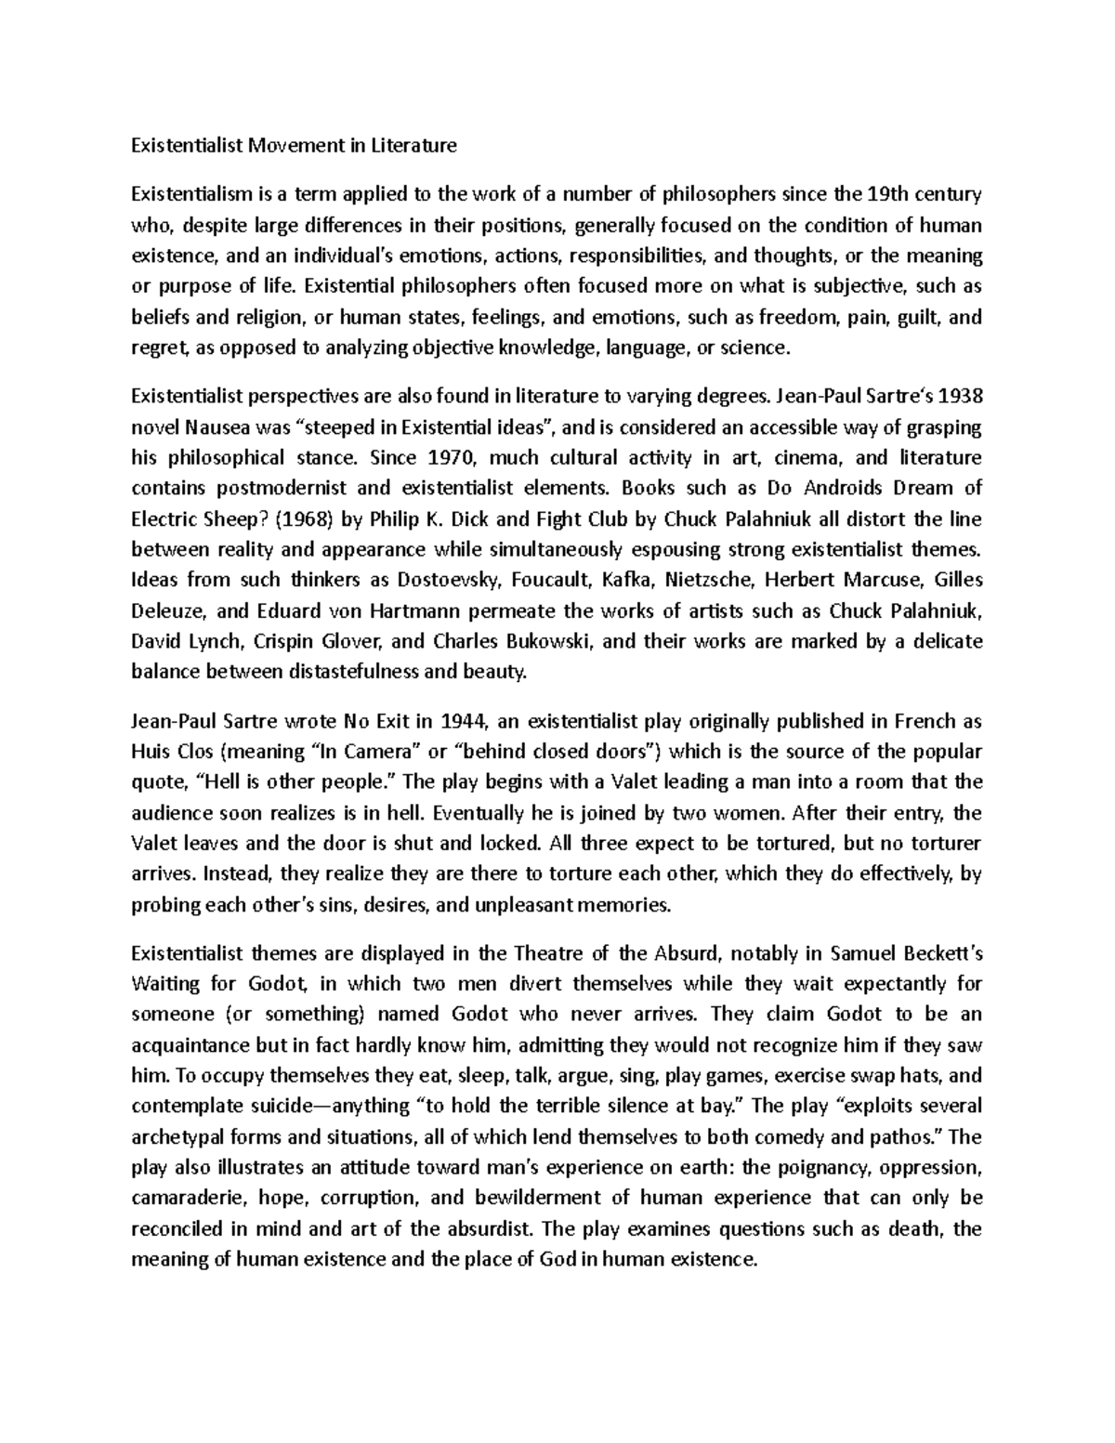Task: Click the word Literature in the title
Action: click(415, 145)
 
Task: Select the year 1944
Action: click(462, 721)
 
